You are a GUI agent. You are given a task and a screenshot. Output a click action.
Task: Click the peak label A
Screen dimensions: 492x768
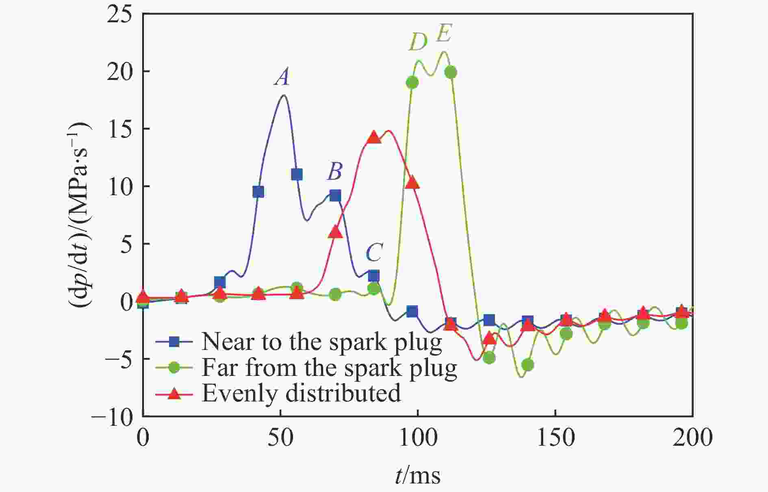coord(282,77)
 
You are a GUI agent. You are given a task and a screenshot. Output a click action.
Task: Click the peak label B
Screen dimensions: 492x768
coord(335,172)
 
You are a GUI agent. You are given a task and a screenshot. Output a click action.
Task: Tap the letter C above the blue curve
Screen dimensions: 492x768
coord(373,253)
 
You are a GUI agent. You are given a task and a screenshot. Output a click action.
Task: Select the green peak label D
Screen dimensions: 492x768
coord(418,42)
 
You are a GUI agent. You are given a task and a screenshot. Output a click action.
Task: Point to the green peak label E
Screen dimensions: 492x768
coord(444,34)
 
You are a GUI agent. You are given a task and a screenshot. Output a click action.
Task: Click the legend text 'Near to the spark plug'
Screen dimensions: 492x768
coord(321,341)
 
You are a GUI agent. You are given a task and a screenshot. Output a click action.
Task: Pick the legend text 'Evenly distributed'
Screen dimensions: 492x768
coord(301,393)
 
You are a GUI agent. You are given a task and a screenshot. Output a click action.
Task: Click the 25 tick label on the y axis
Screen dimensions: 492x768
coord(120,15)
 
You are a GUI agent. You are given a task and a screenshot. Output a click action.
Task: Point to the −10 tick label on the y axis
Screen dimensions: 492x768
coord(113,416)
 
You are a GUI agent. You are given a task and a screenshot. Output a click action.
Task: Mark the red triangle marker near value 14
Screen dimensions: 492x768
coord(373,138)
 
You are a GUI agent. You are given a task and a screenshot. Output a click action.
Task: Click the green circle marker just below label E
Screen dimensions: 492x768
coord(450,73)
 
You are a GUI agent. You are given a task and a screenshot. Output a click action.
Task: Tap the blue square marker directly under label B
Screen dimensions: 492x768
coord(335,196)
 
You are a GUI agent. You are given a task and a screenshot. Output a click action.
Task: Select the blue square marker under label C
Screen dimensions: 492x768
coord(373,276)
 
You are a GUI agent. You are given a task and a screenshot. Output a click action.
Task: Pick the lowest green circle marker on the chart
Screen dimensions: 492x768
coord(527,365)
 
